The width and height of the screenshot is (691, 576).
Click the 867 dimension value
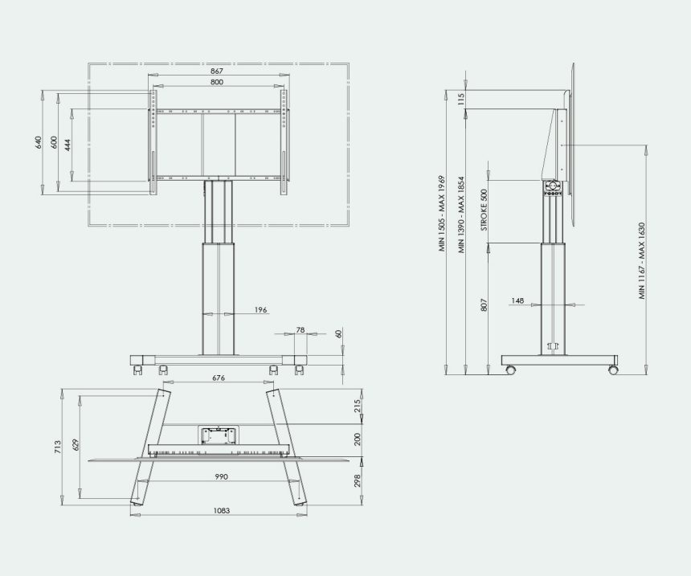(x=217, y=71)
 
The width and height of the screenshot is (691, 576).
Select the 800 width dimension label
(x=217, y=81)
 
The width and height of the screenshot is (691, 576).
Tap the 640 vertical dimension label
(x=38, y=142)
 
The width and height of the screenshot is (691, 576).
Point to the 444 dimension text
(x=67, y=145)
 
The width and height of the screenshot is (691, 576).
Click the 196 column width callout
(x=261, y=310)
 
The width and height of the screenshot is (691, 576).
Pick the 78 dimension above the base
(x=301, y=329)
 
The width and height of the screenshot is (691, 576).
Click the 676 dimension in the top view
(x=219, y=378)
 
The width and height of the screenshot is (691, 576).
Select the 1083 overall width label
(x=222, y=510)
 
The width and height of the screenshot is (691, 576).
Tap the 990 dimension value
(x=221, y=476)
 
